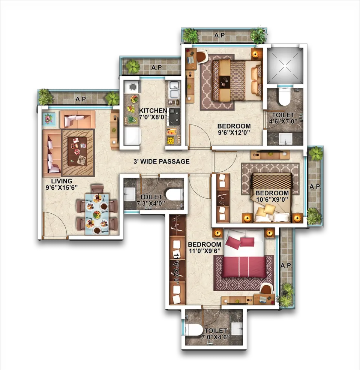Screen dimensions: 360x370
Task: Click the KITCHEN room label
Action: (x=153, y=111)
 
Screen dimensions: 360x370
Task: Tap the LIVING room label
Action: (x=61, y=181)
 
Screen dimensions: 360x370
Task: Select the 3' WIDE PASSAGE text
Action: (x=162, y=162)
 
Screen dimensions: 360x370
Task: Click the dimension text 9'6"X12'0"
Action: (x=234, y=132)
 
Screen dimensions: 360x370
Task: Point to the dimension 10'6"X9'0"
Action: (x=272, y=199)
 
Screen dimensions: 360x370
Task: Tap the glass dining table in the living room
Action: (x=97, y=214)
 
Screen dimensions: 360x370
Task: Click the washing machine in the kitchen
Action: (x=132, y=87)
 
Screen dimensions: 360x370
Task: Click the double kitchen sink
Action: (x=174, y=90)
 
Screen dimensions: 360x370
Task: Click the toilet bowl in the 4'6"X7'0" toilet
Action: (x=284, y=96)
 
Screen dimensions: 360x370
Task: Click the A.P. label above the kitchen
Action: (x=157, y=67)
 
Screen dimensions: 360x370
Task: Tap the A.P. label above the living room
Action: (x=81, y=99)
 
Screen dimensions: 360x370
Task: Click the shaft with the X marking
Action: (x=285, y=65)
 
